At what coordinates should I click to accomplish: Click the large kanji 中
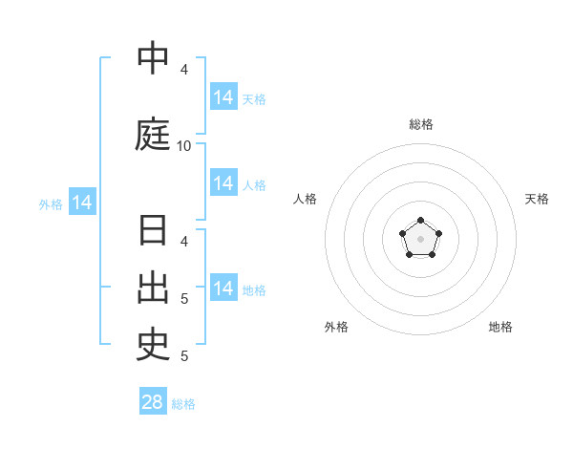click(153, 57)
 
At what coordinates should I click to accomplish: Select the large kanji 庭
click(153, 134)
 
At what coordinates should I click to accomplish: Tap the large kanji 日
click(153, 229)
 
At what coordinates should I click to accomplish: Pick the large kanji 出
click(153, 289)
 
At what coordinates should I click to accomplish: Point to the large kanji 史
click(153, 346)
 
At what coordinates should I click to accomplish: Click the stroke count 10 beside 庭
click(183, 146)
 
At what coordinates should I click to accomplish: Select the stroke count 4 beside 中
click(184, 70)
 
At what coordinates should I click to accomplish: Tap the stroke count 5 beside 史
click(184, 356)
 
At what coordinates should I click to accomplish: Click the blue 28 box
click(153, 400)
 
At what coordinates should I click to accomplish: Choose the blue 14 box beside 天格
click(224, 96)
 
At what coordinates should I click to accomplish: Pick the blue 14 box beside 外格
click(82, 202)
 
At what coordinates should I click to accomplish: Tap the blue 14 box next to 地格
click(224, 287)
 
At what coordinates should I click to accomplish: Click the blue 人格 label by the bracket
click(254, 185)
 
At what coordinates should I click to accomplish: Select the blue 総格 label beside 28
click(183, 404)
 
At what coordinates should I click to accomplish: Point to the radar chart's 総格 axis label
click(421, 124)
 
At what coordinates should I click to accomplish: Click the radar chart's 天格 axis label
click(537, 199)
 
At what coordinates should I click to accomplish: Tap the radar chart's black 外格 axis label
click(336, 327)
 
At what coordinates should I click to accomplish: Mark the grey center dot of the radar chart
click(420, 239)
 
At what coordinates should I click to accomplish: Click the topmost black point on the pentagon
click(420, 220)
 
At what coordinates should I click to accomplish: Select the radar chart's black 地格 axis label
click(500, 327)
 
